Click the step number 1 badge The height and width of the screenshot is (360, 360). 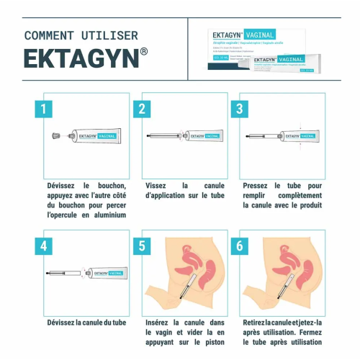[45, 109]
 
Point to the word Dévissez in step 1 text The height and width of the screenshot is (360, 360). [63, 184]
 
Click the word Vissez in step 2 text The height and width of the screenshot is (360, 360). [158, 184]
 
